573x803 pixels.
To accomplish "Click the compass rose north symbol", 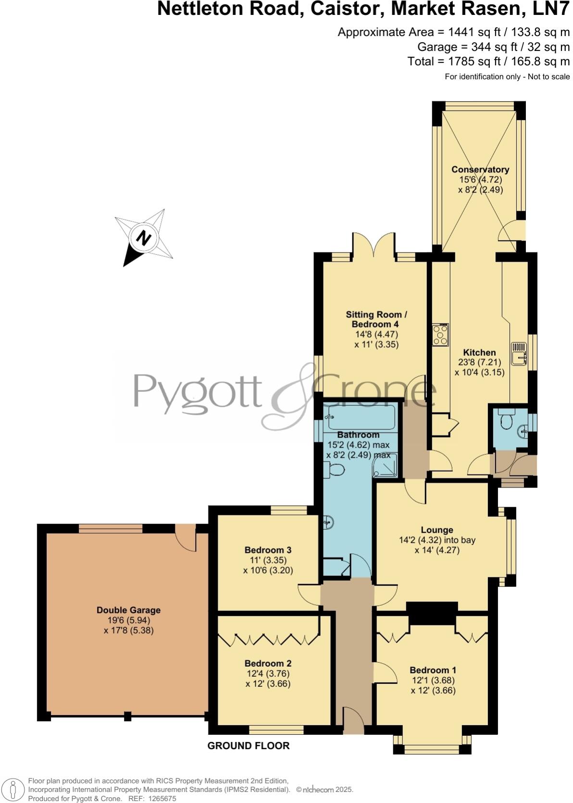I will coord(144,237).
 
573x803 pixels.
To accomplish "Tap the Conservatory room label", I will coord(480,170).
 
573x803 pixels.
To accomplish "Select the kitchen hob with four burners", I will coord(441,335).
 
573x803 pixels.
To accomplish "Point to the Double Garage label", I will coord(128,610).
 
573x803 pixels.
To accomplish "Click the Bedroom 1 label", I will coord(433,670).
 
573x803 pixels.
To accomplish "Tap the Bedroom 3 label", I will coord(268,550).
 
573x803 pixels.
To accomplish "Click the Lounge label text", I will coord(437,530).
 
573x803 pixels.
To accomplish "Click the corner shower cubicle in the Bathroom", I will coord(386,465).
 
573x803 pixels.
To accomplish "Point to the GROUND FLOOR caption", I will coord(248,745).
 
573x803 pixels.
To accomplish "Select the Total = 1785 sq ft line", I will coord(488,61).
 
